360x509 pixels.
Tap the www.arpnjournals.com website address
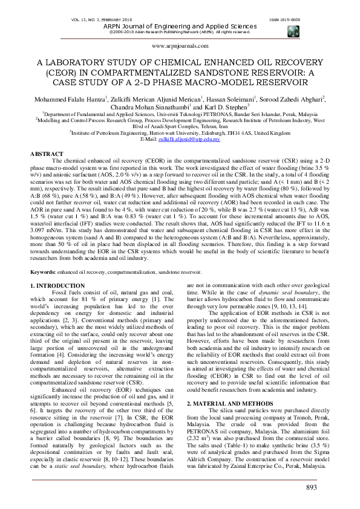click(x=179, y=45)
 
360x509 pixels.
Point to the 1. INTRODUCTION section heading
click(x=60, y=284)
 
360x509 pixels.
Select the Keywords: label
click(x=44, y=273)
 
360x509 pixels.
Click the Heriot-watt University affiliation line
click(x=179, y=134)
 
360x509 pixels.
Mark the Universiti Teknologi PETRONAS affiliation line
click(x=179, y=114)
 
